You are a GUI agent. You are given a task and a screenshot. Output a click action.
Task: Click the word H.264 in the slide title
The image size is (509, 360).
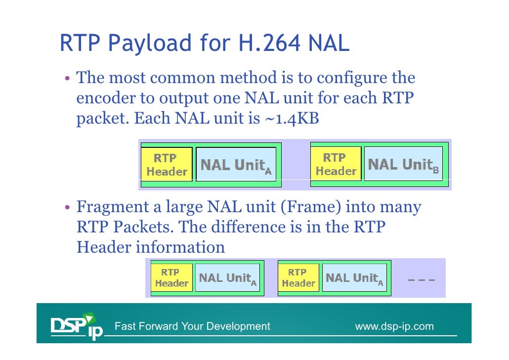[267, 44]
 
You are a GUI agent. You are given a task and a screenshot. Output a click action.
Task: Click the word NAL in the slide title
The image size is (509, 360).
[329, 44]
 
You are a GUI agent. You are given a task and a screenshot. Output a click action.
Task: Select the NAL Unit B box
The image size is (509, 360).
[403, 164]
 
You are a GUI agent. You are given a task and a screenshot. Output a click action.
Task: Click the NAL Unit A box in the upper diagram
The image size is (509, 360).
[236, 164]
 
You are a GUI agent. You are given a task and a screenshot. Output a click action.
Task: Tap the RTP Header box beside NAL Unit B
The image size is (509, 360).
[336, 164]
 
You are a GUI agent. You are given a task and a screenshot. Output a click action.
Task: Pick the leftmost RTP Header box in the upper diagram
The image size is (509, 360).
[167, 165]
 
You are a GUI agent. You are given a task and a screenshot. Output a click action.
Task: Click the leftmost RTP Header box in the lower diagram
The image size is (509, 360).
[171, 278]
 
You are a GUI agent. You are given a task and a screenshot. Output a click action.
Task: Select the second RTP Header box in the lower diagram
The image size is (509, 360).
[298, 278]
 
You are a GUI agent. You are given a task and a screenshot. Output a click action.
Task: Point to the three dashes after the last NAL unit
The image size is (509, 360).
[421, 280]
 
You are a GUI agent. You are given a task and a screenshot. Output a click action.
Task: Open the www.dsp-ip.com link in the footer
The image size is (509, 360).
[394, 326]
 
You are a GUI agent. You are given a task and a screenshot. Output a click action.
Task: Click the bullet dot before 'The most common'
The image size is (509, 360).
[66, 79]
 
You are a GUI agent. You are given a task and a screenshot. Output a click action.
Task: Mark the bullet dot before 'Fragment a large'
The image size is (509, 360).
[66, 207]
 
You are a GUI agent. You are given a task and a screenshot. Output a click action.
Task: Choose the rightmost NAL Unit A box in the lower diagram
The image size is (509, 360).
[355, 278]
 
